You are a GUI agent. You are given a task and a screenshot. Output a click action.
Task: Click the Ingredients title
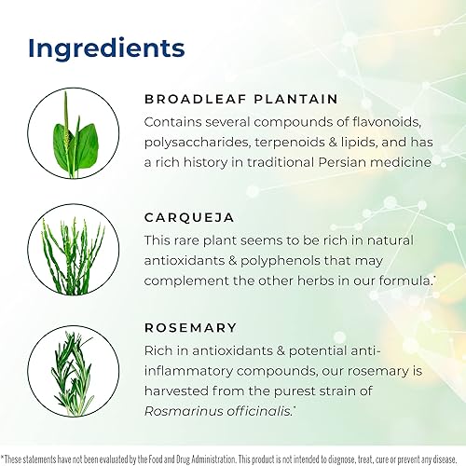(x=106, y=48)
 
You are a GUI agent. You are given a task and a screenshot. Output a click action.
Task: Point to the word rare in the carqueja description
(x=194, y=240)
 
